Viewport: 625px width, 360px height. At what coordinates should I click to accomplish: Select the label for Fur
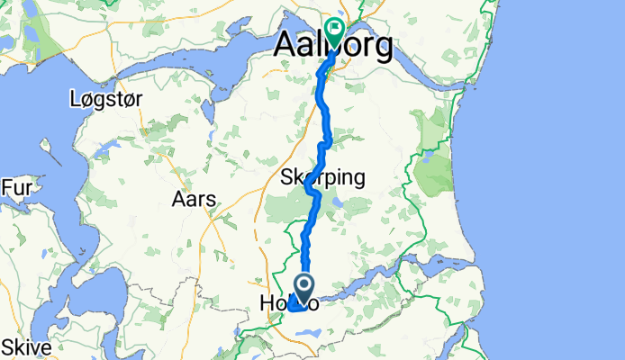(16, 187)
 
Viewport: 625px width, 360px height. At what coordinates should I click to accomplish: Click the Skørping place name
(322, 177)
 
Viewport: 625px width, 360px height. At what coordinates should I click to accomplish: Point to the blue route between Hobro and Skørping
(309, 234)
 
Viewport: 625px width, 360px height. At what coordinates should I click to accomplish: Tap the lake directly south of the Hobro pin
(307, 334)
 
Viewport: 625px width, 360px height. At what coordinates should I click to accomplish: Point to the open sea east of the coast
(558, 180)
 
